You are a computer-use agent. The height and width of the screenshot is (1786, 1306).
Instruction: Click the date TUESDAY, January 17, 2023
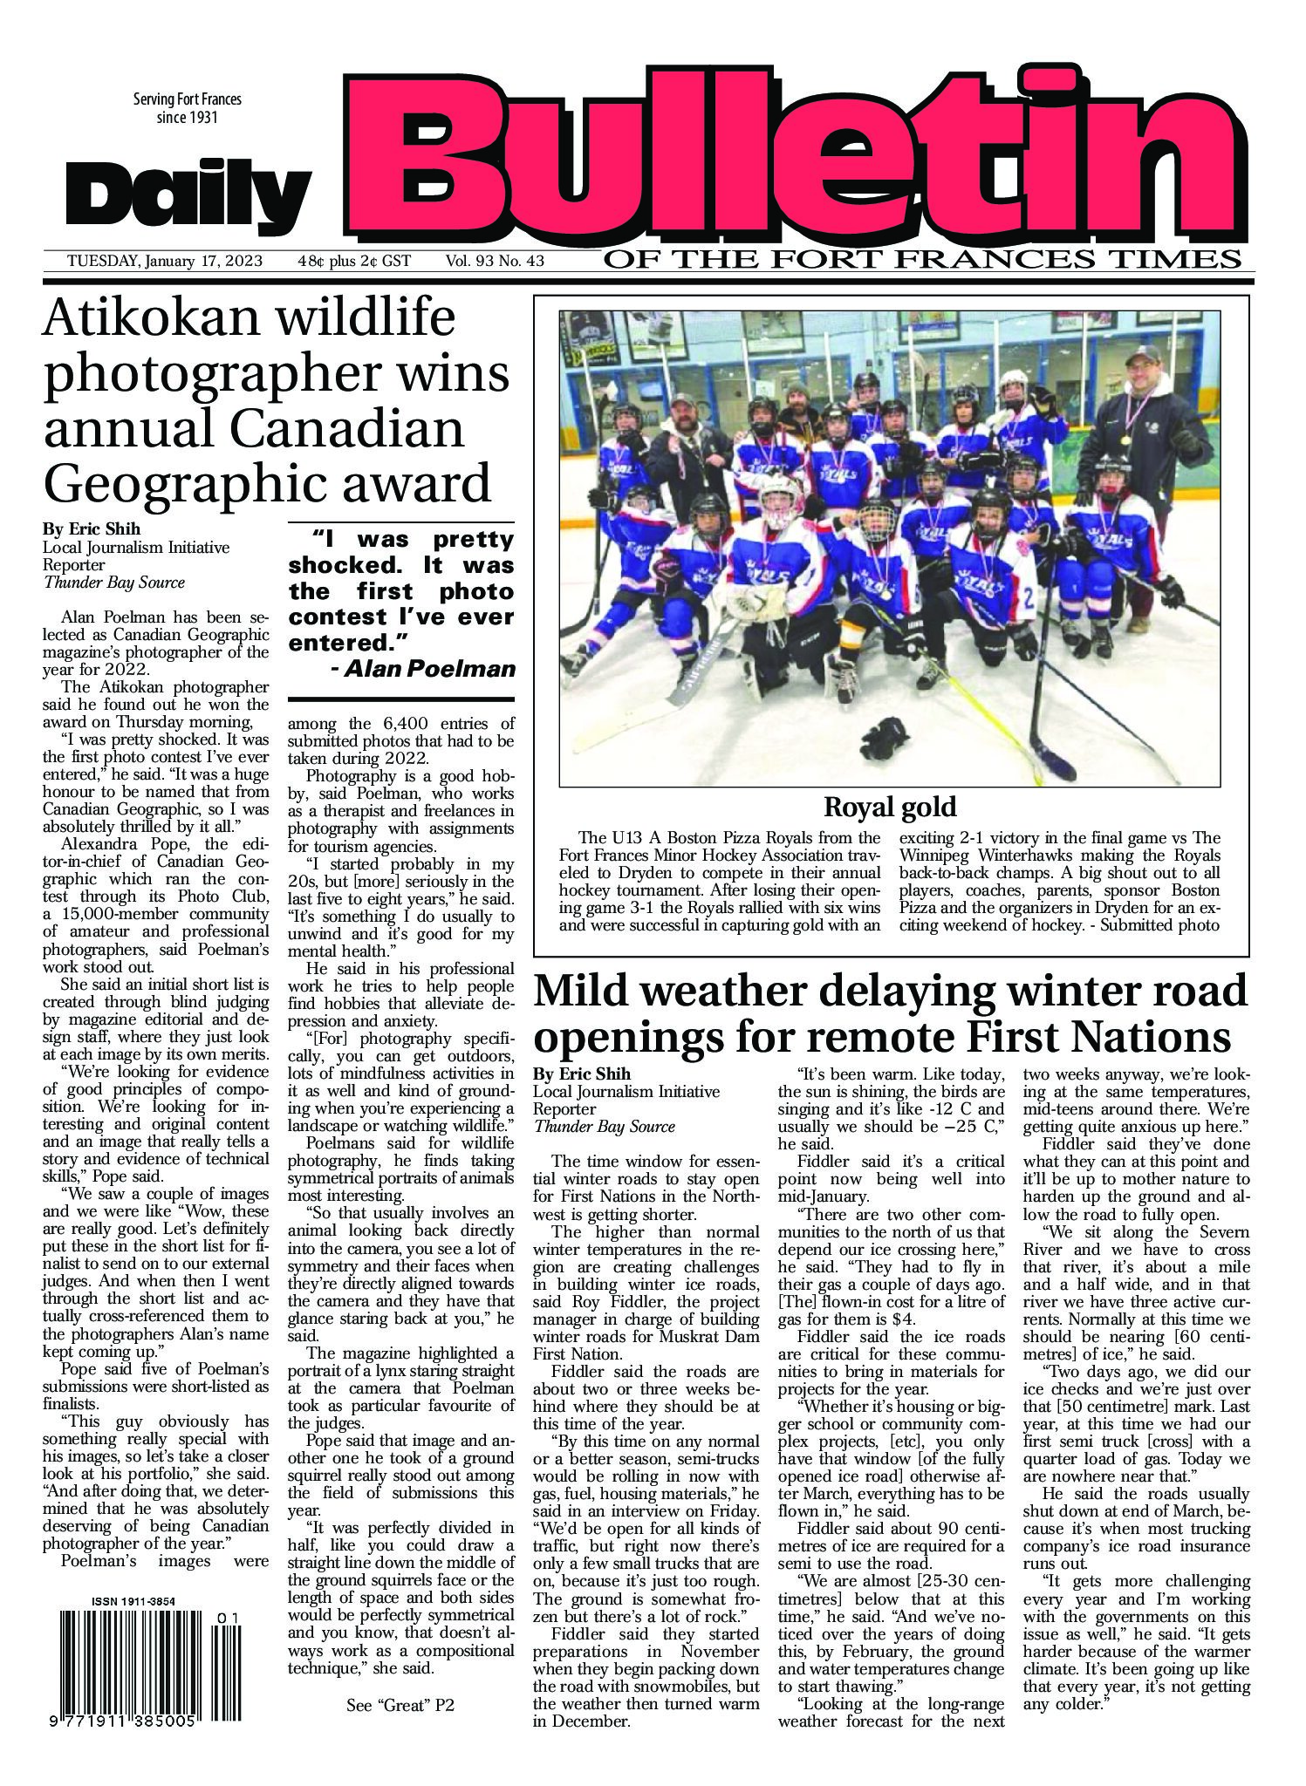click(168, 261)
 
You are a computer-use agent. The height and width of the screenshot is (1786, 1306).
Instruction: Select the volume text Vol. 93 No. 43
click(495, 261)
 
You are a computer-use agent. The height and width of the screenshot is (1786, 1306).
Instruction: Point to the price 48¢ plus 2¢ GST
click(353, 261)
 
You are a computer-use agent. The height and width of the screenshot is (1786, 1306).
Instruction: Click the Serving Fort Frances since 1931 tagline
click(187, 108)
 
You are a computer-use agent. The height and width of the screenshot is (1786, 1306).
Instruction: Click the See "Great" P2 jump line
click(400, 1706)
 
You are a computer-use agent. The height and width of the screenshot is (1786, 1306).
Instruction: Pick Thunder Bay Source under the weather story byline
click(605, 1126)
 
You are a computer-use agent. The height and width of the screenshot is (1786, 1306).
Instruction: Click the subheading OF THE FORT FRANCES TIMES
click(921, 260)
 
